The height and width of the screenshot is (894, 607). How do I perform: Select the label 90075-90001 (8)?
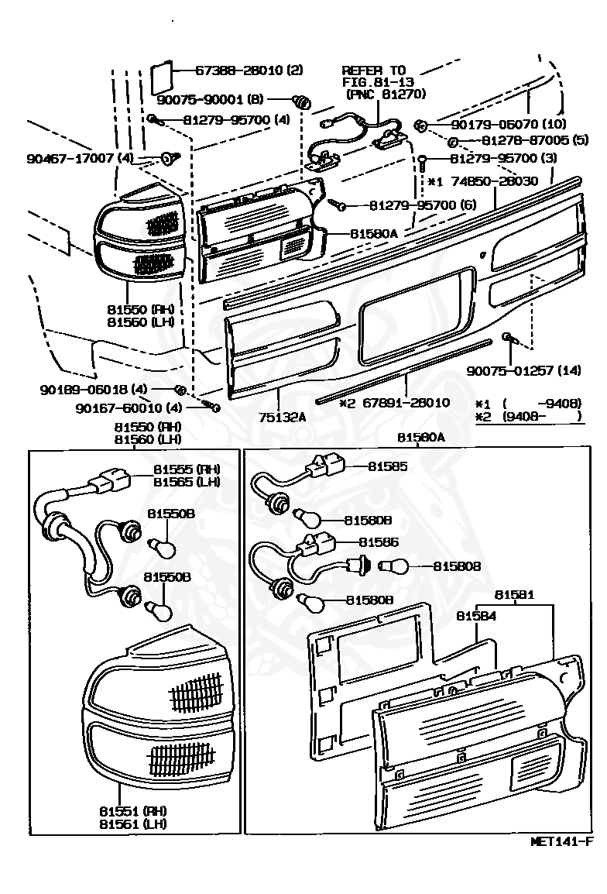pos(211,100)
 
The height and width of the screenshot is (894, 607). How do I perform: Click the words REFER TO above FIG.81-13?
pos(373,70)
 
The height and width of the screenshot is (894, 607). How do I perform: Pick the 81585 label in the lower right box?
pos(387,466)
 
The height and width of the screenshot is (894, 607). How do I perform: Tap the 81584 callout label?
pos(476,616)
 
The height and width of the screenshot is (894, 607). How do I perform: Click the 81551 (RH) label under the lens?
pos(132,810)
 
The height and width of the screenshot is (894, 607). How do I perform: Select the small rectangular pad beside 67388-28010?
pos(160,74)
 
